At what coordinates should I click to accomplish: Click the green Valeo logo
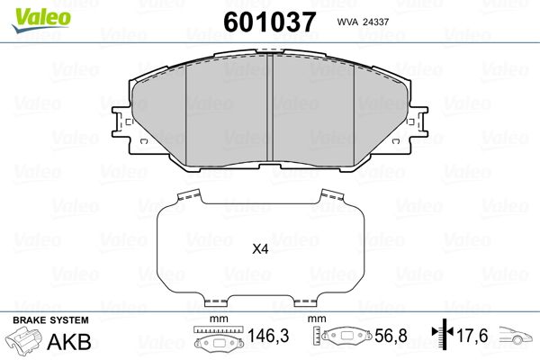click(41, 20)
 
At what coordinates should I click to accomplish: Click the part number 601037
click(270, 22)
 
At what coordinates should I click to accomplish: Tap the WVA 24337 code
click(363, 22)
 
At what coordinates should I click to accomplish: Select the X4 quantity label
click(260, 248)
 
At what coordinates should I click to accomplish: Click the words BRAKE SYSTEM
click(50, 320)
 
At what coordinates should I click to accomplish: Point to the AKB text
click(69, 342)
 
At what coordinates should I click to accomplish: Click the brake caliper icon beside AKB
click(23, 340)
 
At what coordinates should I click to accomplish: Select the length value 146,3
click(268, 336)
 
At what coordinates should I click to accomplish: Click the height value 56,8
click(391, 336)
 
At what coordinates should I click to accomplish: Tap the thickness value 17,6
click(472, 336)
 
